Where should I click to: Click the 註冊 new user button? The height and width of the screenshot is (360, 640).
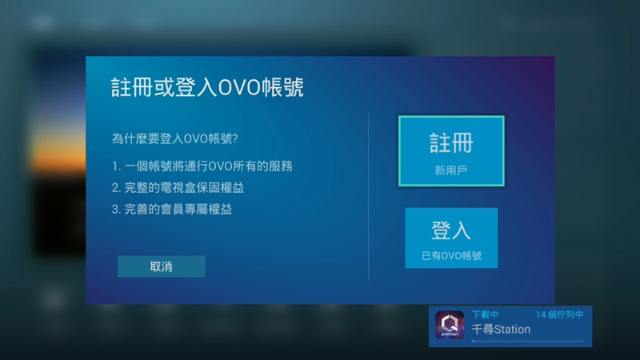click(451, 151)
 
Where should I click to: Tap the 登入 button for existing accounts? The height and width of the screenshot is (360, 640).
click(451, 238)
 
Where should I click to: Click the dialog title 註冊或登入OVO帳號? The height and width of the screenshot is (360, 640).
click(207, 87)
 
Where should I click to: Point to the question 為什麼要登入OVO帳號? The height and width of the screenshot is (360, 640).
click(174, 138)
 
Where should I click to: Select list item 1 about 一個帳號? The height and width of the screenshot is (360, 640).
click(202, 166)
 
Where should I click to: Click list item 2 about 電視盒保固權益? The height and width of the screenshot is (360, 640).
click(178, 188)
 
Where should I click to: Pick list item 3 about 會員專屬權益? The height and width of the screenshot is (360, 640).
click(172, 210)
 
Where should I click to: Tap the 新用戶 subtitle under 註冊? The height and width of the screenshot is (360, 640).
click(451, 170)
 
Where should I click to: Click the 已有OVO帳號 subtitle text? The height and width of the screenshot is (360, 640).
click(451, 256)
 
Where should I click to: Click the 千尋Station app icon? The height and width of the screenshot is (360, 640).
click(450, 325)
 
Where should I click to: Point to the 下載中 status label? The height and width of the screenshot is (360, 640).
click(486, 314)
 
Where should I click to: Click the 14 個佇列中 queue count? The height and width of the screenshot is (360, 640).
click(559, 314)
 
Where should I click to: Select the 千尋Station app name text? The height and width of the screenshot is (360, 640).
click(502, 329)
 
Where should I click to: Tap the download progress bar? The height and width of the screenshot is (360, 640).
click(528, 341)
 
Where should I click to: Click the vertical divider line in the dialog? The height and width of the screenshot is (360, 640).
click(368, 196)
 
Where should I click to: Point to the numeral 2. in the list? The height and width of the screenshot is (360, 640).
click(116, 188)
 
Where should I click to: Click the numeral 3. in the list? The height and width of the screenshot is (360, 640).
click(116, 210)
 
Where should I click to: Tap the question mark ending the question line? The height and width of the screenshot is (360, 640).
click(234, 138)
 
